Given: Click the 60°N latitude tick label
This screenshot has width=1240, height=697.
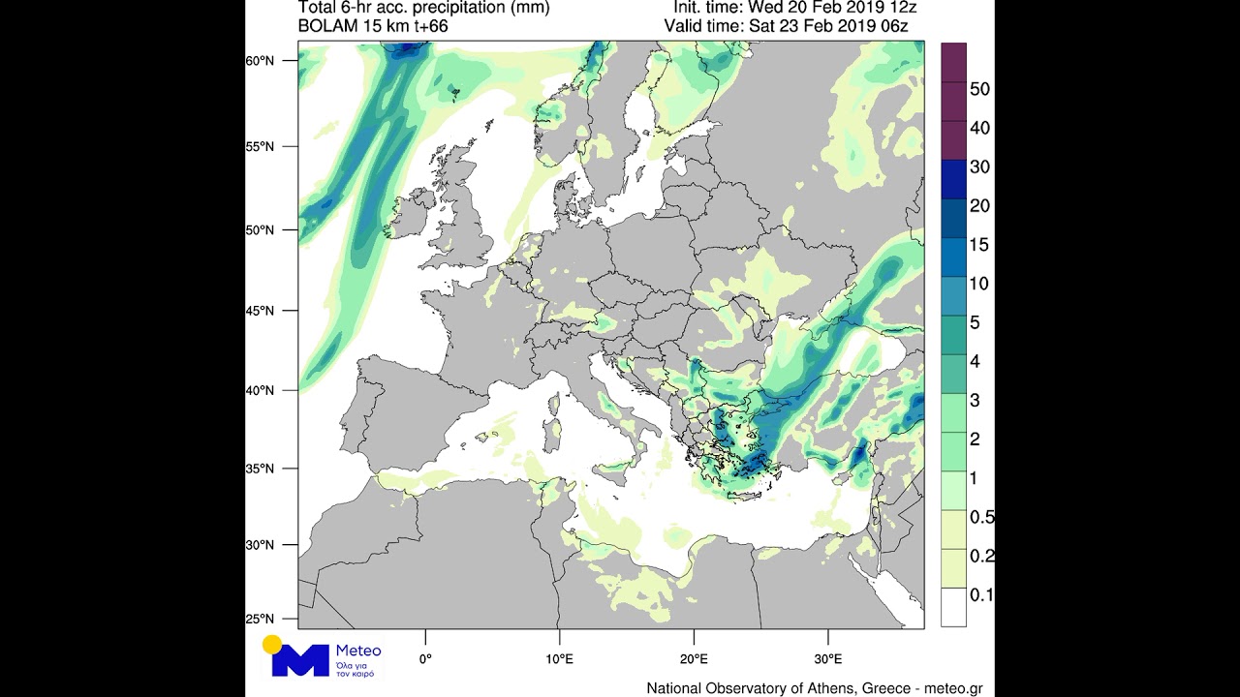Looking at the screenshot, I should coord(261,61).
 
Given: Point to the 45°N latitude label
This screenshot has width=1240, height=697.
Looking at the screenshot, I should coord(261,312).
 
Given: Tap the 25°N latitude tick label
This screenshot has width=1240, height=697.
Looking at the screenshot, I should coord(261,619).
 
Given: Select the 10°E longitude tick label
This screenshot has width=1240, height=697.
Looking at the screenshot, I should coord(559,659).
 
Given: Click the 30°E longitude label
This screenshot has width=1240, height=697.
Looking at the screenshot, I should coord(827,659).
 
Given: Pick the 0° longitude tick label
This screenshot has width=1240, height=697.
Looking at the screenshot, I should coord(425,659).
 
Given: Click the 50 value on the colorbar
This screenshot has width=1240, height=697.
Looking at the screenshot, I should coord(979,89).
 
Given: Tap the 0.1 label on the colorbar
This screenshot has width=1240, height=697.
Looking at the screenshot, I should coord(981,595).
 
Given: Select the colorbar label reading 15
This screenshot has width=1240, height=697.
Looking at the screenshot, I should coord(979,245).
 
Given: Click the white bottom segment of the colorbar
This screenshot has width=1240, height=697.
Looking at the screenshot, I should coord(953,607).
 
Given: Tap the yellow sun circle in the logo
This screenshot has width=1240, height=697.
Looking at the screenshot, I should coord(272,645).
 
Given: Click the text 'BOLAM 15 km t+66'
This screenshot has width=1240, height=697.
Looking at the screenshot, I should coord(373,26).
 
